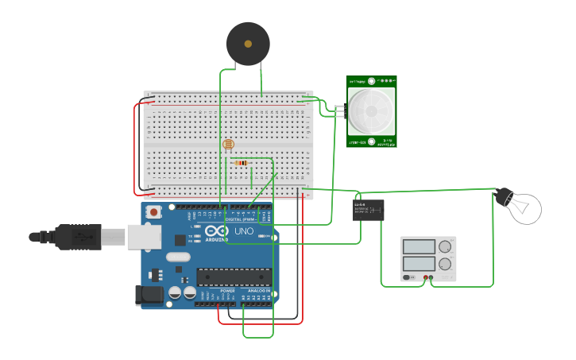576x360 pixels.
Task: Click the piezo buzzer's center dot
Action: [248, 44]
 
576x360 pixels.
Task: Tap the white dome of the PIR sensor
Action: [371, 110]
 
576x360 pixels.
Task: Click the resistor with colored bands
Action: [241, 163]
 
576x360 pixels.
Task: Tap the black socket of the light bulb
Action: [504, 196]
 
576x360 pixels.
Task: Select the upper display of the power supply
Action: [419, 247]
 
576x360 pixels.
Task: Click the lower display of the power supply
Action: [419, 263]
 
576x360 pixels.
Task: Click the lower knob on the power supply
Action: [446, 264]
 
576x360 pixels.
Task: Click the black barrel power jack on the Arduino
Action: [150, 296]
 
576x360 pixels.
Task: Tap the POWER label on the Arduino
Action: [227, 292]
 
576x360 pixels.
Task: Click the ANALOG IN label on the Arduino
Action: [259, 292]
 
